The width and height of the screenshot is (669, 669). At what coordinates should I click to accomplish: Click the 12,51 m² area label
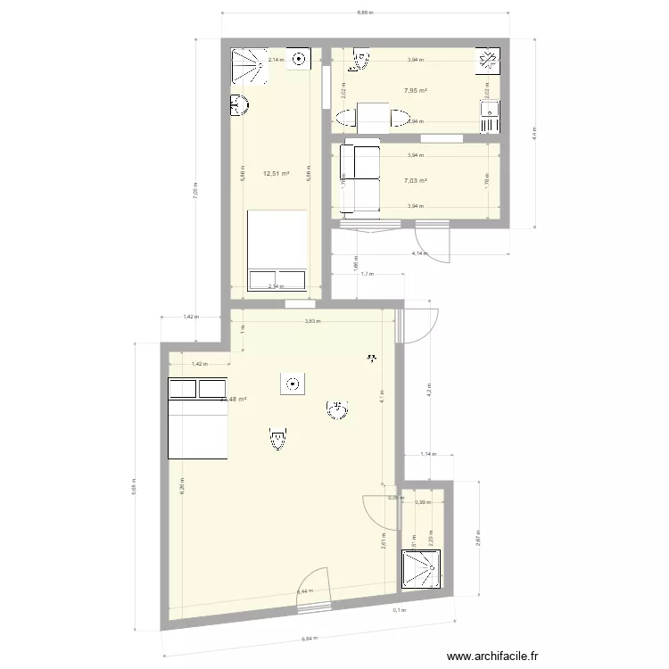coord(277,174)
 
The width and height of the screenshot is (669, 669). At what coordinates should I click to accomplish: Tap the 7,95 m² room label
coord(415,90)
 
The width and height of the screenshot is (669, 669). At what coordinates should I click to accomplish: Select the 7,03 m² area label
coord(415,180)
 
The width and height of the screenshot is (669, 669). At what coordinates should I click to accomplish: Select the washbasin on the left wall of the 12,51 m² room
coord(239,106)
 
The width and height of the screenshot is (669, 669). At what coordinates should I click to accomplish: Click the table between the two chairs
coord(373,117)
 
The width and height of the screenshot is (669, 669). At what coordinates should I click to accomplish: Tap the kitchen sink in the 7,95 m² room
coord(490,110)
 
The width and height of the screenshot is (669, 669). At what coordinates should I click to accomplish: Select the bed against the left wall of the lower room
coord(198,417)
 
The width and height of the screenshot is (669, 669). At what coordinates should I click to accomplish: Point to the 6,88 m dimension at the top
coord(364,13)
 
